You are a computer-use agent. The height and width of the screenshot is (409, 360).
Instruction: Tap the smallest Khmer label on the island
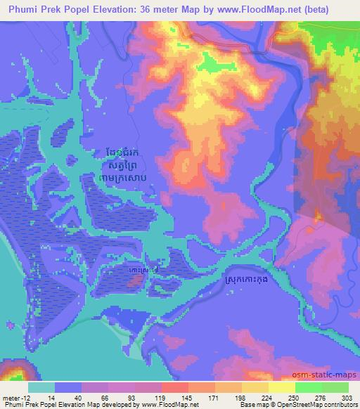[143, 269]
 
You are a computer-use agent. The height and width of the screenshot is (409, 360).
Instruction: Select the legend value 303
[343, 398]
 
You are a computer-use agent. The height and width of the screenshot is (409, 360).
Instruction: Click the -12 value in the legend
[24, 398]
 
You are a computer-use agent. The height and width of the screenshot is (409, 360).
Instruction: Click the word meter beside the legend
[10, 398]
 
